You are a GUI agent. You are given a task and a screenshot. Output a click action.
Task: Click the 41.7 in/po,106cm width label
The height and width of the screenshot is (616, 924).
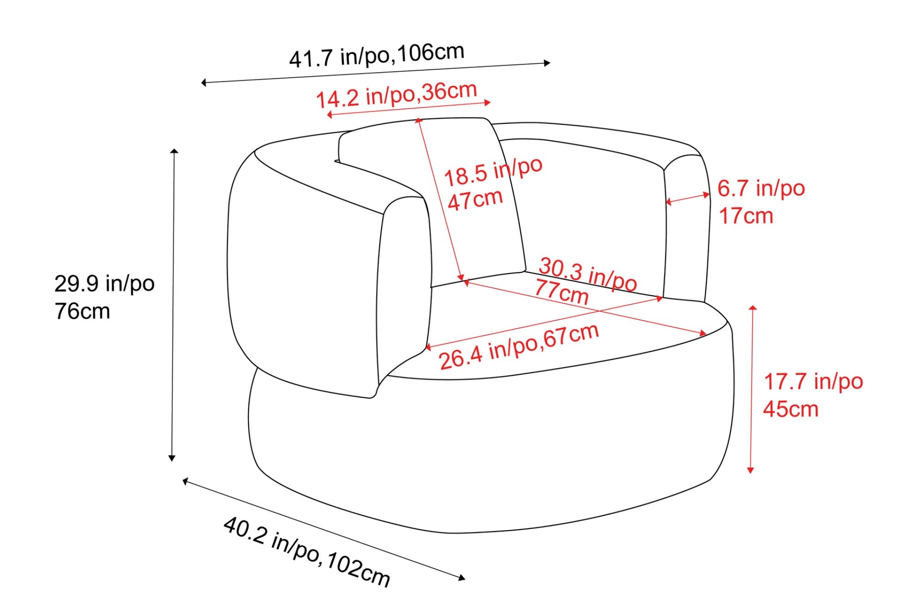point(377,55)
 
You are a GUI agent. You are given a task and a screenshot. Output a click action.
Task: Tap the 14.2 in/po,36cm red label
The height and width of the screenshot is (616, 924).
point(396,94)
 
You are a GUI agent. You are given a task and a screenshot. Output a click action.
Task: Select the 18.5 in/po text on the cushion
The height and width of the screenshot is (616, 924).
point(493,172)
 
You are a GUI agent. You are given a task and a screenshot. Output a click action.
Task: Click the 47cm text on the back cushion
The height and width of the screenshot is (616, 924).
point(475,200)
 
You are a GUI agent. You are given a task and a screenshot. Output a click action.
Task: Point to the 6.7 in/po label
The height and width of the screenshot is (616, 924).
point(761,189)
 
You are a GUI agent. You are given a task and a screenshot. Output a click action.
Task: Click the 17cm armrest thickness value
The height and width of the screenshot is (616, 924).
point(746,216)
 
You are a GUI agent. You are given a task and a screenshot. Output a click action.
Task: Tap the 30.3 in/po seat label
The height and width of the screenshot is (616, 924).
point(588,274)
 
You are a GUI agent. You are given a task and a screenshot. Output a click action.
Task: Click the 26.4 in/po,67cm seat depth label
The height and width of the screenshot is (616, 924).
point(519,347)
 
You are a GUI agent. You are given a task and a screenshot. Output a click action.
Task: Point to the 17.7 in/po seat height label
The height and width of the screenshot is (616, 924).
point(813,382)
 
